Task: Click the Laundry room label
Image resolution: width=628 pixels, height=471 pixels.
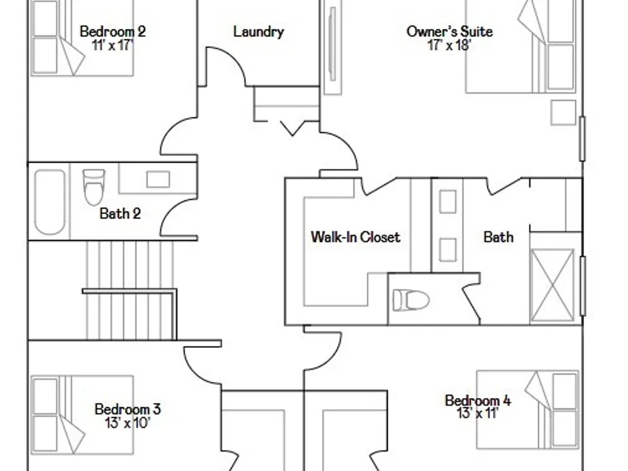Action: (x=259, y=31)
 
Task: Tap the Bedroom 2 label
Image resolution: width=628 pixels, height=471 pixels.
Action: (x=112, y=31)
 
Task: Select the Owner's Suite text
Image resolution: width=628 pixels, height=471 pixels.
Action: (x=450, y=31)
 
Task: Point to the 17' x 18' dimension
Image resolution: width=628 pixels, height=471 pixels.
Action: (x=449, y=45)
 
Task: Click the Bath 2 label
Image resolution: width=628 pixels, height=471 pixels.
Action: (x=120, y=214)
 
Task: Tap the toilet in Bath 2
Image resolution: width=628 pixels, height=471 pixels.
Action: (x=94, y=187)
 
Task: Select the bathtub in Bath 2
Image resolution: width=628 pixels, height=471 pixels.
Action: (x=50, y=202)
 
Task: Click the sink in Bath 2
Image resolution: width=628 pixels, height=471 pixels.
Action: (x=158, y=179)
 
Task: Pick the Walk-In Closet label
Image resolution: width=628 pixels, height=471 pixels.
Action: (x=355, y=237)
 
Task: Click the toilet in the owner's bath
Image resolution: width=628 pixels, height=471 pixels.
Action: (x=411, y=300)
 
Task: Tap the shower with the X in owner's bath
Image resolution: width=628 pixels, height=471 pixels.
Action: (x=552, y=285)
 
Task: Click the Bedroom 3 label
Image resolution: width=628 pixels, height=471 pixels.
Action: (x=127, y=409)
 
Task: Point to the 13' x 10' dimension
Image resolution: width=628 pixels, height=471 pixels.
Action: (x=127, y=423)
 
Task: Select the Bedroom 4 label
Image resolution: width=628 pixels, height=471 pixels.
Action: (x=478, y=401)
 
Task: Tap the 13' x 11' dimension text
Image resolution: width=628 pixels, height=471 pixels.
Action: (x=478, y=413)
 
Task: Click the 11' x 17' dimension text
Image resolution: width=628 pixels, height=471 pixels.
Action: (x=112, y=45)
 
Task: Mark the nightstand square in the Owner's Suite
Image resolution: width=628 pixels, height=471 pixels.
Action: (x=563, y=112)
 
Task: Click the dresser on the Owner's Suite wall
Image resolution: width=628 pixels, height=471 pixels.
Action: (x=332, y=47)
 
